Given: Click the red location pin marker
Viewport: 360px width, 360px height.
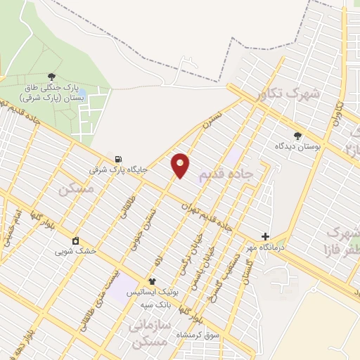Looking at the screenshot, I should (x=181, y=165).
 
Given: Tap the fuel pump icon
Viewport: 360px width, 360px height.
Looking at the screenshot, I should (x=118, y=159).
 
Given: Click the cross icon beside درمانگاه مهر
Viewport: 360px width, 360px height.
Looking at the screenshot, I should (x=265, y=237).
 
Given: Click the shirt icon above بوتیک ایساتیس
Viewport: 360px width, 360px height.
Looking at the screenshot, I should (x=151, y=281).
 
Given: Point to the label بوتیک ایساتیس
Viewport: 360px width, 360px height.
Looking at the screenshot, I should (x=151, y=292).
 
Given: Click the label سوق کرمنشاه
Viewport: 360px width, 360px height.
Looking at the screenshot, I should (x=199, y=334).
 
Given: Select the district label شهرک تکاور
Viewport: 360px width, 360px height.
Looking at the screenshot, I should (x=288, y=93).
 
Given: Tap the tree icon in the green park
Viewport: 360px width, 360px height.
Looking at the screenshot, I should (x=51, y=76).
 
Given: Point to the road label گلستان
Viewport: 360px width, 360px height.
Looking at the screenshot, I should (x=247, y=271).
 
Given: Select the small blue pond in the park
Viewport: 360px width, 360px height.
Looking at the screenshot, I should (x=82, y=93).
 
